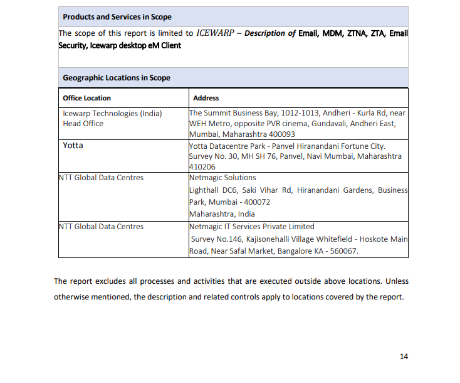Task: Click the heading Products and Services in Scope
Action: point(117,17)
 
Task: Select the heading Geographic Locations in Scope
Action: point(117,78)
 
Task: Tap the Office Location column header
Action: point(86,98)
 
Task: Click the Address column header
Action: point(206,98)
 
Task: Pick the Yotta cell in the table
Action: point(73,146)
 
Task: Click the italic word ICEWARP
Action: point(215,33)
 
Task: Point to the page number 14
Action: point(404,357)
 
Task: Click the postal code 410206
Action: point(201,167)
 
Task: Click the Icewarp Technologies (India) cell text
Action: point(112,114)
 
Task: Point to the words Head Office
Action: point(83,124)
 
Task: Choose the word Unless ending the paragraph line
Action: point(397,281)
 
